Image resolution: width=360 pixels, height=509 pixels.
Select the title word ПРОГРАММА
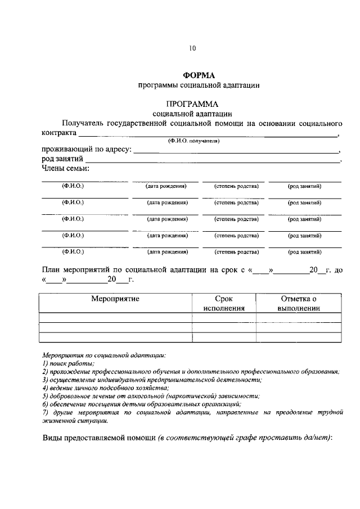(192, 104)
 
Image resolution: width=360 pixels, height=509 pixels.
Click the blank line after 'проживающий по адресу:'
(236, 150)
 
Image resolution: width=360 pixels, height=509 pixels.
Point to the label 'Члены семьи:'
(65, 168)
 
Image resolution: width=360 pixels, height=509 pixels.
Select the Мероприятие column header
(115, 299)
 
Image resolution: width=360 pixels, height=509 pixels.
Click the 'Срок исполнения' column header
(224, 304)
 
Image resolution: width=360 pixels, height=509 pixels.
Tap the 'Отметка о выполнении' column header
(299, 304)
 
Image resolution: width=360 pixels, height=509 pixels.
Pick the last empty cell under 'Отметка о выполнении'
(299, 337)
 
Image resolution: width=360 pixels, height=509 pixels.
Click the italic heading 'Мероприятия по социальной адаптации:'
(104, 355)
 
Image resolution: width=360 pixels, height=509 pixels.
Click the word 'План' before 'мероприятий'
(52, 269)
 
